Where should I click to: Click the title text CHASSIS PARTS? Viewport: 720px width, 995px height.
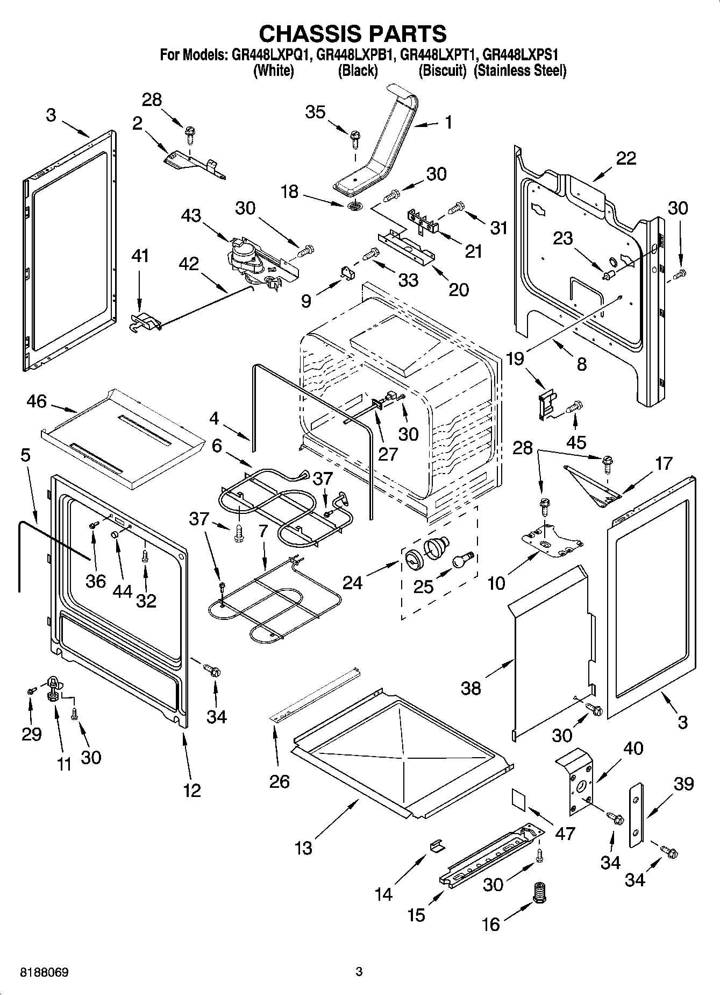point(353,33)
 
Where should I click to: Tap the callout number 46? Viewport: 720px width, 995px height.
point(36,401)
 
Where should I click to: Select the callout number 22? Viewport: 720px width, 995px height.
point(626,158)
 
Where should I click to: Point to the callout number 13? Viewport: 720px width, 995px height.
point(303,848)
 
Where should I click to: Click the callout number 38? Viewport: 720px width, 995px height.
point(471,688)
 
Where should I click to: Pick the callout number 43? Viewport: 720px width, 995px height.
point(191,216)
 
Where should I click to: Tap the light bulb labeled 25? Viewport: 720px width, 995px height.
point(461,561)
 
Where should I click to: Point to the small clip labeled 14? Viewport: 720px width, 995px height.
point(438,845)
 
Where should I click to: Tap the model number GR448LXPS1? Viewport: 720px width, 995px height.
point(521,55)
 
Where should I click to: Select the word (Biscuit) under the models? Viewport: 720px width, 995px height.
point(443,70)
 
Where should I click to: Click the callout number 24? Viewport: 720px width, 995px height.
point(353,583)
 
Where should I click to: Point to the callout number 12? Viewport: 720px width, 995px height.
point(192,791)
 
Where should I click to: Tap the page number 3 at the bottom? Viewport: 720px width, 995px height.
point(359,972)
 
